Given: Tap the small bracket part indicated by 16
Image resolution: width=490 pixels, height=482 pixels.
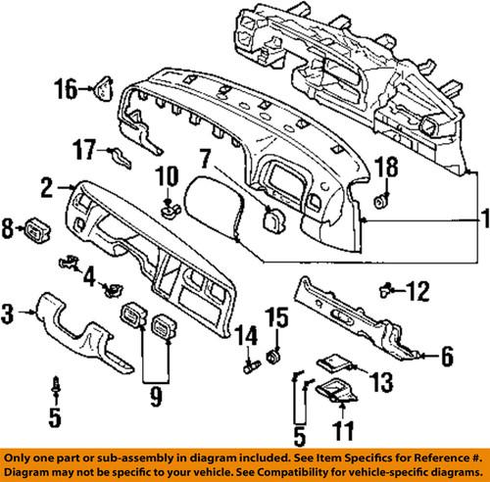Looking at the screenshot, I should pyautogui.click(x=100, y=90).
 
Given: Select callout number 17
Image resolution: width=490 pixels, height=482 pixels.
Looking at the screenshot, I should pyautogui.click(x=83, y=151).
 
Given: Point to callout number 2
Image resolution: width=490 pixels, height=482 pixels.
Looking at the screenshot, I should pyautogui.click(x=46, y=183).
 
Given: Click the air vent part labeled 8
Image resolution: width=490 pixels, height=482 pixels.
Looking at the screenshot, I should pyautogui.click(x=36, y=232).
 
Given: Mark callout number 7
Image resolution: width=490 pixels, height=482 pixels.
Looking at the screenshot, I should pyautogui.click(x=203, y=157).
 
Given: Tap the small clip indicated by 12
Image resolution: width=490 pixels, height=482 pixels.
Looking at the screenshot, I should pyautogui.click(x=388, y=288).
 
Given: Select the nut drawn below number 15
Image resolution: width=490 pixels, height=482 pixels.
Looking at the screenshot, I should pyautogui.click(x=277, y=351).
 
